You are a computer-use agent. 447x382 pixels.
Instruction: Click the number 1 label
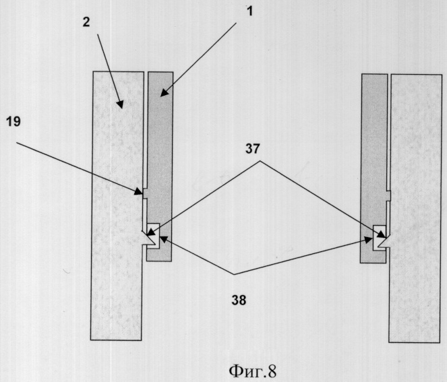(x=249, y=12)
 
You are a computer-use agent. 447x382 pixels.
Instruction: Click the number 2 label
(x=86, y=22)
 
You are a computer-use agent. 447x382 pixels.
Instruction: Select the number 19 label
(x=13, y=122)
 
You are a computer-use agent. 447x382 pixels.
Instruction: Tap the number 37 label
(x=253, y=149)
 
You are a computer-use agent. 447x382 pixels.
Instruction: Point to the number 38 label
(x=239, y=300)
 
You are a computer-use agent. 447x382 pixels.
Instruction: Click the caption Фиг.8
(x=253, y=371)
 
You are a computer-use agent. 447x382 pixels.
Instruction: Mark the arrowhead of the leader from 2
(x=121, y=104)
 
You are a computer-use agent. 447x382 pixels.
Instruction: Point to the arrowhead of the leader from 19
(x=140, y=193)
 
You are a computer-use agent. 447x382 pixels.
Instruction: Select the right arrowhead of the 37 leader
(x=382, y=234)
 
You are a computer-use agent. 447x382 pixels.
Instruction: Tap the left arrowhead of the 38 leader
(x=164, y=238)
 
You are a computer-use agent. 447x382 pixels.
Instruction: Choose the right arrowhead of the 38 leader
(x=369, y=240)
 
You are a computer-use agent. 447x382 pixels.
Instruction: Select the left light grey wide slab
(x=117, y=205)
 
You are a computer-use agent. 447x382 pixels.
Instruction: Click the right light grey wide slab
(x=415, y=209)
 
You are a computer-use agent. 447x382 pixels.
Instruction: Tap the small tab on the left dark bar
(x=145, y=193)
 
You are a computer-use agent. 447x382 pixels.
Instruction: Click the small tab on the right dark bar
(x=388, y=195)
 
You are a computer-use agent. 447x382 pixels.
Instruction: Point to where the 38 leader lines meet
(x=235, y=275)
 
